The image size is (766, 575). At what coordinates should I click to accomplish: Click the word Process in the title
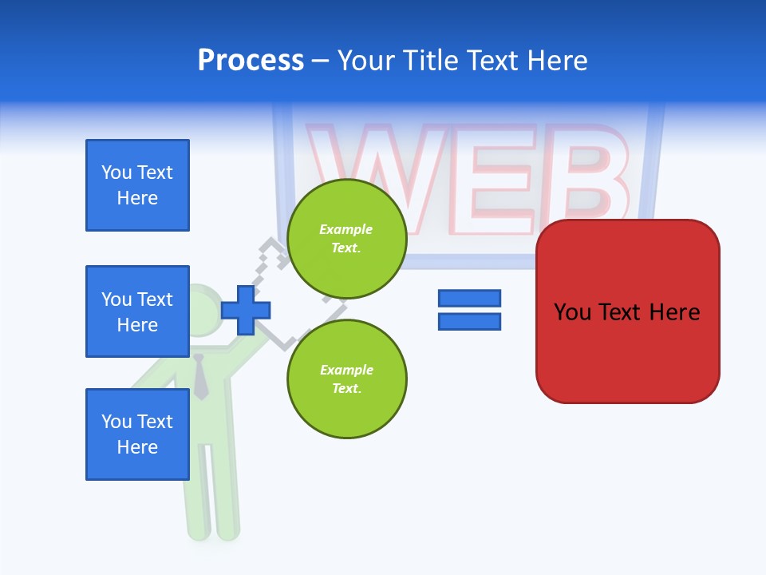[x=251, y=61]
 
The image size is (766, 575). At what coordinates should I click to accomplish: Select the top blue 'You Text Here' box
[x=137, y=185]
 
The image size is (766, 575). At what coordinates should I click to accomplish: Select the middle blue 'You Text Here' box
[x=137, y=311]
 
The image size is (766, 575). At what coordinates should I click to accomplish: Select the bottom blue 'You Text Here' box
[x=137, y=434]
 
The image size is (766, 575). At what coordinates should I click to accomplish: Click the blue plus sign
[x=246, y=309]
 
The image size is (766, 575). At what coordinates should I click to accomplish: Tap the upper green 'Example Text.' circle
[x=346, y=239]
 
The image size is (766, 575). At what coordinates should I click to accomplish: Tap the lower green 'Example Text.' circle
[x=346, y=379]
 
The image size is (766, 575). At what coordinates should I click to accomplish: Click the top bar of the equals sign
[x=469, y=298]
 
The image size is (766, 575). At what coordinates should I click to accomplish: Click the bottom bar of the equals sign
[x=469, y=321]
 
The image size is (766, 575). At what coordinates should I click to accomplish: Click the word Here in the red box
[x=674, y=312]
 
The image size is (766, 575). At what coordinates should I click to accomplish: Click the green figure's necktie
[x=200, y=376]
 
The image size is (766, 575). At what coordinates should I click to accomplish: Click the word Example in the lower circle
[x=346, y=370]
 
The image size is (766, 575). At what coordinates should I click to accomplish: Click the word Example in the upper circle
[x=346, y=229]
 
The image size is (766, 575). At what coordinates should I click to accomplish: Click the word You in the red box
[x=572, y=312]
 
